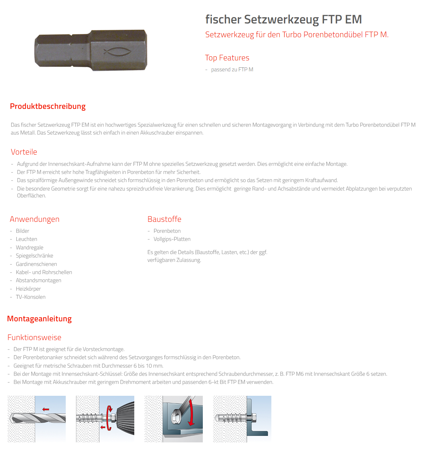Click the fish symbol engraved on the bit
pyautogui.click(x=117, y=51)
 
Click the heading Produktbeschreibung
pyautogui.click(x=48, y=106)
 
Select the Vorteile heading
pyautogui.click(x=24, y=152)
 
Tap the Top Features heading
pyautogui.click(x=227, y=58)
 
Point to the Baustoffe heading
pyautogui.click(x=164, y=219)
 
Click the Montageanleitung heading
pyautogui.click(x=39, y=319)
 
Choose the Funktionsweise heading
pyautogui.click(x=34, y=338)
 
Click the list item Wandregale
pyautogui.click(x=29, y=247)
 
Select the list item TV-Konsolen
pyautogui.click(x=31, y=297)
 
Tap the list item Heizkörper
pyautogui.click(x=28, y=289)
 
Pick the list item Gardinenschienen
pyautogui.click(x=36, y=264)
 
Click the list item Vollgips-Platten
pyautogui.click(x=172, y=239)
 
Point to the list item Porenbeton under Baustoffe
pyautogui.click(x=167, y=231)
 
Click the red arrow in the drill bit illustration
pyautogui.click(x=46, y=409)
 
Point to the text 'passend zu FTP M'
pyautogui.click(x=232, y=69)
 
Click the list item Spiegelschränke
pyautogui.click(x=34, y=256)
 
